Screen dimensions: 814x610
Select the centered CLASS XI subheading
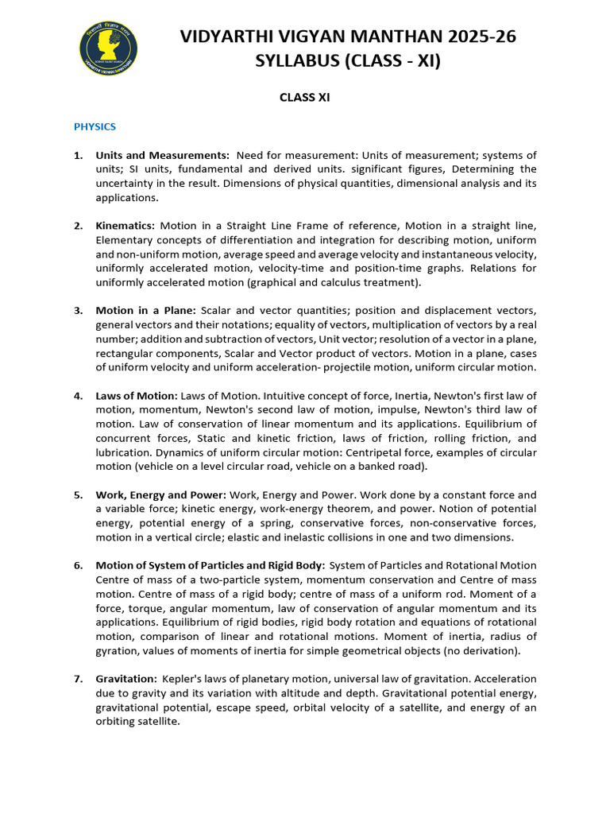pyautogui.click(x=304, y=98)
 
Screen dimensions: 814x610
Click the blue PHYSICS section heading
pyautogui.click(x=95, y=126)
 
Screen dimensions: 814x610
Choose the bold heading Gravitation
pyautogui.click(x=126, y=679)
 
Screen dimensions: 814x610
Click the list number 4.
pyautogui.click(x=78, y=396)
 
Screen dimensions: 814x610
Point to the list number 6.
pyautogui.click(x=78, y=565)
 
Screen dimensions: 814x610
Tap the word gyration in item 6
pyautogui.click(x=116, y=651)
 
